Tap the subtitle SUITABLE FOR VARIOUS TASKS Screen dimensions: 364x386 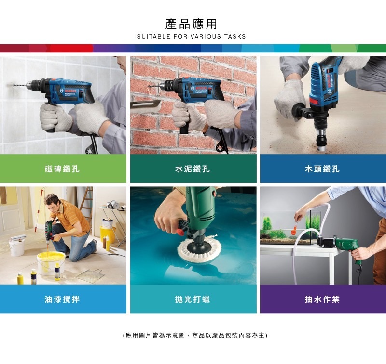pos(191,37)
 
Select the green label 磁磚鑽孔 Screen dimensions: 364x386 pos(63,169)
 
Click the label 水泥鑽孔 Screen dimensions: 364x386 pos(193,169)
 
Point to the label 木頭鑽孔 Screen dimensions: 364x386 pos(322,169)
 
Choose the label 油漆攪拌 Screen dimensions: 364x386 pos(63,299)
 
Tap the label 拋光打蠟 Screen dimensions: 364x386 pos(193,299)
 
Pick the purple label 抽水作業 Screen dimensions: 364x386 pos(322,299)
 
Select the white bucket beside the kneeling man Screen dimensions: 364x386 pos(16,246)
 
